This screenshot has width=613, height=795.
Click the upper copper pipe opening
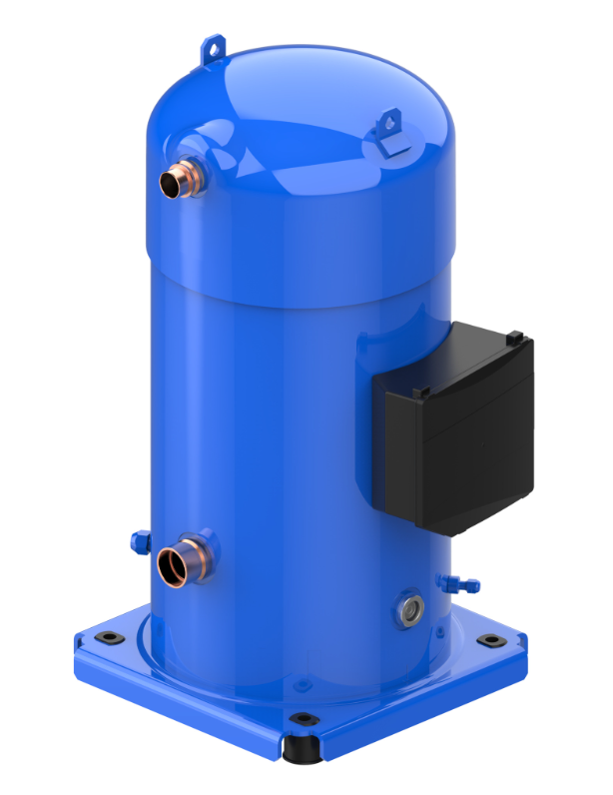pyautogui.click(x=176, y=181)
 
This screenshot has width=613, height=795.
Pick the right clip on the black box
pyautogui.click(x=517, y=339)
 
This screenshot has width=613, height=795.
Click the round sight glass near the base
pyautogui.click(x=409, y=605)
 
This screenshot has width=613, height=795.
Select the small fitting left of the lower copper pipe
pyautogui.click(x=139, y=542)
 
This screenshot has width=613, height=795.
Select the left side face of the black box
pyautogui.click(x=399, y=449)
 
